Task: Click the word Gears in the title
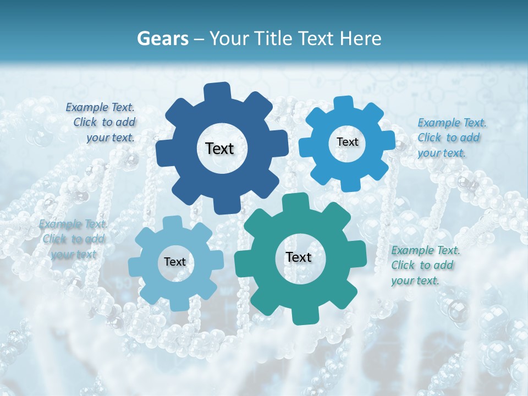(x=163, y=38)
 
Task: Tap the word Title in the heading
(x=276, y=38)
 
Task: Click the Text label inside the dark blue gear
(x=219, y=148)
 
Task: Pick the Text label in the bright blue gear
(x=347, y=142)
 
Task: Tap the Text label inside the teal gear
(x=299, y=257)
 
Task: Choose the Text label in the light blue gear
(x=175, y=262)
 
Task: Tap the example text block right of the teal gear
(x=424, y=265)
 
